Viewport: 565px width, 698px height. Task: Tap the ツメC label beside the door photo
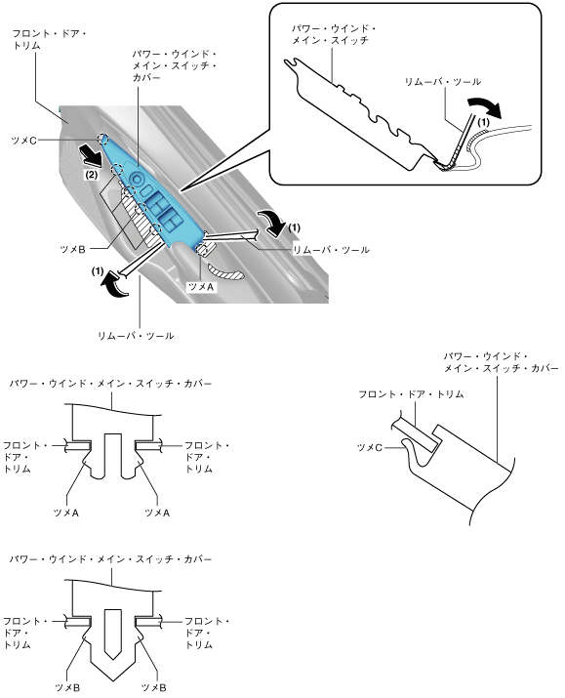click(23, 141)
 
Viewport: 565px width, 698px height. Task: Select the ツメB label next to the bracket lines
click(72, 249)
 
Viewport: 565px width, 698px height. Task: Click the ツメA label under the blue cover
click(201, 287)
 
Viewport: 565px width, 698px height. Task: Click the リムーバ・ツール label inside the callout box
click(443, 82)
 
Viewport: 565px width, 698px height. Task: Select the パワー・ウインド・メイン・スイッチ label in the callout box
click(334, 35)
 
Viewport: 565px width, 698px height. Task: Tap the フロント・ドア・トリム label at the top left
click(49, 40)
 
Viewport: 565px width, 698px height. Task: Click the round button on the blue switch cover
click(138, 180)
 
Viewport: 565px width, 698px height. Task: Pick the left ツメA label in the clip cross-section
click(66, 513)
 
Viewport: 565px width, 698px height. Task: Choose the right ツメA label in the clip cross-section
click(157, 513)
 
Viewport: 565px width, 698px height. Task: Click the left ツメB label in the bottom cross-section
click(67, 688)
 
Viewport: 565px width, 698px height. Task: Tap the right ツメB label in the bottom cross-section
click(154, 688)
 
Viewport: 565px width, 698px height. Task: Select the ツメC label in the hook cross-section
click(370, 447)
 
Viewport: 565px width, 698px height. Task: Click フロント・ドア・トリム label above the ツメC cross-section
click(411, 394)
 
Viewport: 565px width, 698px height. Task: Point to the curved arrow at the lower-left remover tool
click(112, 286)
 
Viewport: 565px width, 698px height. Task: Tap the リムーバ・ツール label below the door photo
click(136, 336)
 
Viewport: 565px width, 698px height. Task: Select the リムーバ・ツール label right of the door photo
click(331, 250)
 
